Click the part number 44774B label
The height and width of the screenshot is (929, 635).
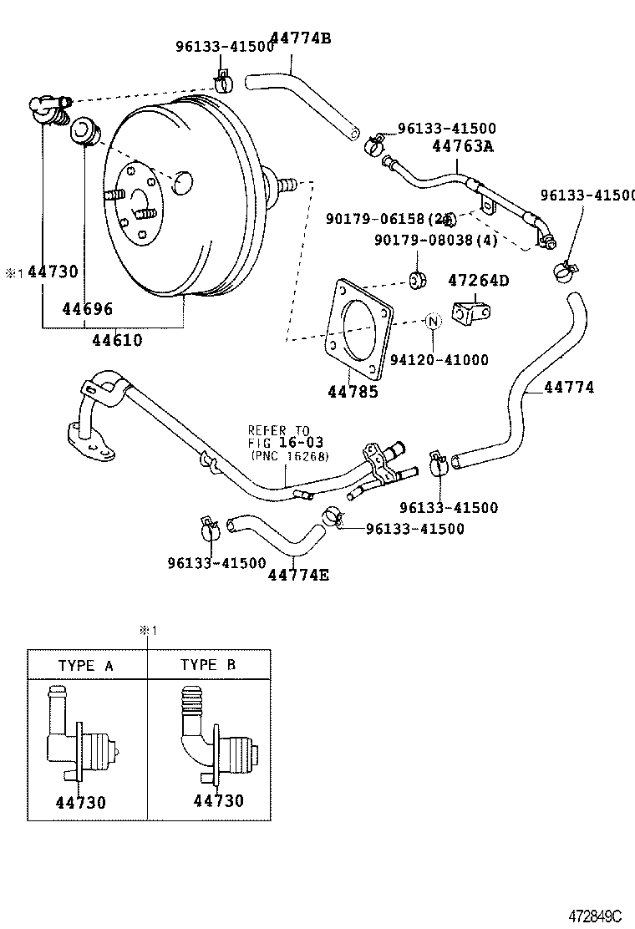[x=291, y=38]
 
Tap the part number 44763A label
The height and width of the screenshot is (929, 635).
[x=463, y=146]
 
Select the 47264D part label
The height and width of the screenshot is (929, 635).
[x=478, y=280]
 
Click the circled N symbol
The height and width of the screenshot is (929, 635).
[x=433, y=322]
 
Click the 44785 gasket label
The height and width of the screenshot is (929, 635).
[x=352, y=390]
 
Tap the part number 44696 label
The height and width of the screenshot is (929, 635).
[x=87, y=308]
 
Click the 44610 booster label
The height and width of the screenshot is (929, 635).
[x=117, y=340]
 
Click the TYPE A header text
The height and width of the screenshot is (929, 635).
[x=86, y=665]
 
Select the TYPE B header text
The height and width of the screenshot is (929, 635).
[x=208, y=665]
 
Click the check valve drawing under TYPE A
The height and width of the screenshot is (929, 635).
[x=84, y=735]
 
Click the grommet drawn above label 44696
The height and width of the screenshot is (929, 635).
[x=84, y=132]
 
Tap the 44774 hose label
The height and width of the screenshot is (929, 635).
[x=569, y=388]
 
